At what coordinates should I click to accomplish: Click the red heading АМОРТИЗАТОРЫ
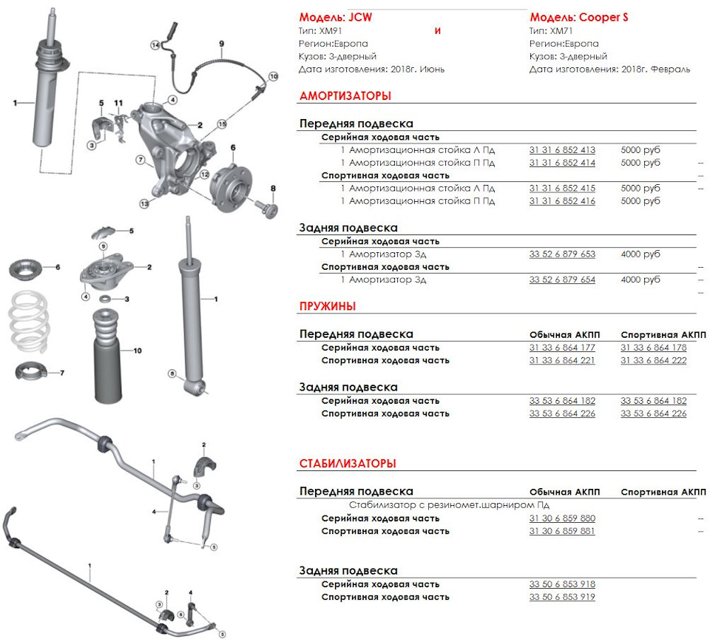[345, 96]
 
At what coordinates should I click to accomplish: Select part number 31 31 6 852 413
[561, 150]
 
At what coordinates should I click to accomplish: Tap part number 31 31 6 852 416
[561, 201]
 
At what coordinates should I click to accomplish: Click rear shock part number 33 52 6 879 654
[561, 280]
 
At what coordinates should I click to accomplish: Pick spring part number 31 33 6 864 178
[653, 348]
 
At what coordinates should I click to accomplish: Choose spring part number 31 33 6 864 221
[561, 361]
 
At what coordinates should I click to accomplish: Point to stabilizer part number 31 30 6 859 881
[561, 532]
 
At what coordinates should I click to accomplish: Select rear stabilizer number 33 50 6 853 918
[561, 584]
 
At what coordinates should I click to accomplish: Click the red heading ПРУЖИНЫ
[328, 306]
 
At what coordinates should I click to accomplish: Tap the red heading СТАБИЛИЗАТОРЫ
[347, 464]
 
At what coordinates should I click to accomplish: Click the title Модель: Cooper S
[578, 17]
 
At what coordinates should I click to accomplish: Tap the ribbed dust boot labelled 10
[105, 354]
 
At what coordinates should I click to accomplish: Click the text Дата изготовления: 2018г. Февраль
[609, 70]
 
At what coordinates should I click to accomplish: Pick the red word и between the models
[437, 31]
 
